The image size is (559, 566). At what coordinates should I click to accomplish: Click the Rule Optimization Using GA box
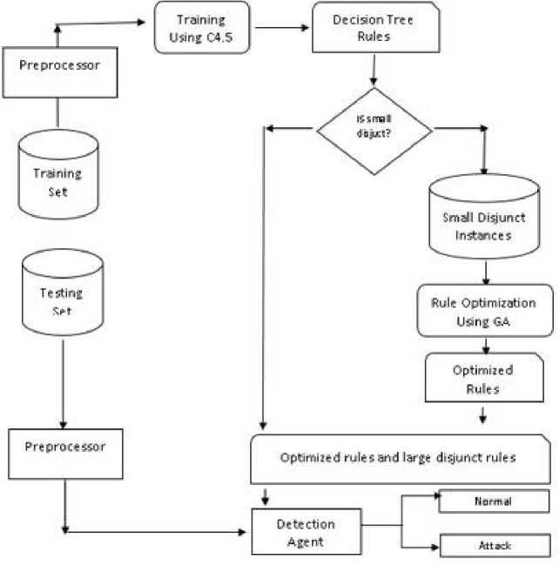484,311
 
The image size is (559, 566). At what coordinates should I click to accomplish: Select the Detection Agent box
306,533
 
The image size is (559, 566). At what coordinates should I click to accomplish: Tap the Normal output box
494,502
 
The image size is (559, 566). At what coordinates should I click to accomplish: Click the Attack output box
494,546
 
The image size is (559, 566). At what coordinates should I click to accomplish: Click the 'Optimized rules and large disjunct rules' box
401,458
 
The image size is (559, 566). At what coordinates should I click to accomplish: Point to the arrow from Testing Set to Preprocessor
62,383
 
